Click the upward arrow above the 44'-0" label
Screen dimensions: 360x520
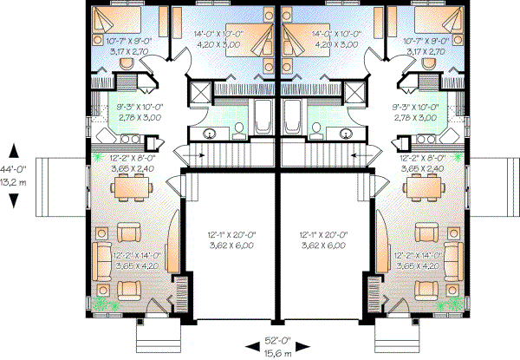coord(15,149)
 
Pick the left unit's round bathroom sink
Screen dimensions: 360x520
coord(209,134)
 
